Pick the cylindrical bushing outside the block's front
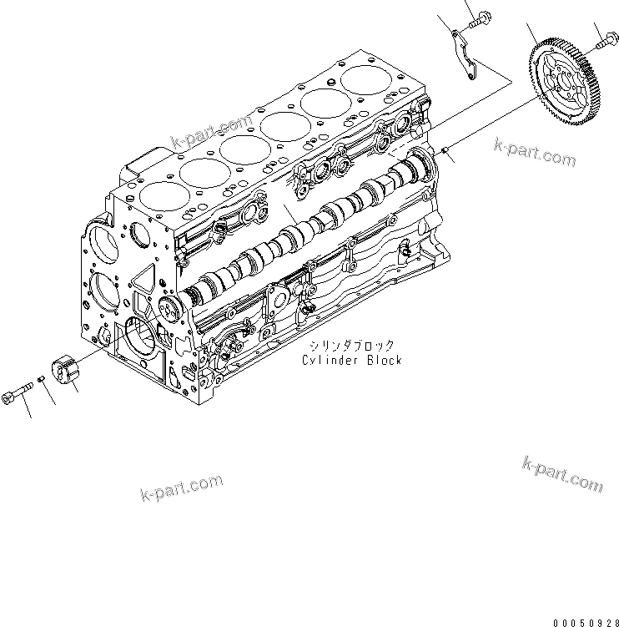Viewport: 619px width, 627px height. (x=65, y=372)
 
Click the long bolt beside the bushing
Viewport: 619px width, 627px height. (x=18, y=394)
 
